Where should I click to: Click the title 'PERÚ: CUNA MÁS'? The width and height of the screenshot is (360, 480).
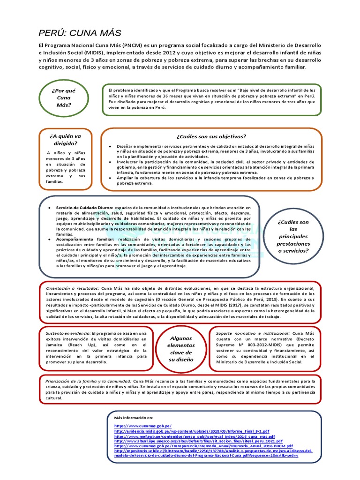(80, 33)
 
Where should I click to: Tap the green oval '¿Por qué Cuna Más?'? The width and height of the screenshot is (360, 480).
(64, 98)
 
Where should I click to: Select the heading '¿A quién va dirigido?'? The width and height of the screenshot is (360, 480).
(65, 140)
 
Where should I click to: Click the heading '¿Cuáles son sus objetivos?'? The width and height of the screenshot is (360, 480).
(211, 136)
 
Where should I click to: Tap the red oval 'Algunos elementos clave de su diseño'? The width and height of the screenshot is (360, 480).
(181, 349)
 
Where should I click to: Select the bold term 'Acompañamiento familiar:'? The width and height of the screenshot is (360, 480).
(84, 239)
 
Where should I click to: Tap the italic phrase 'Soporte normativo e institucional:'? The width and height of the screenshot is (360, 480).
(253, 333)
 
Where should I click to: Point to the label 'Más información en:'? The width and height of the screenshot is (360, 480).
(134, 417)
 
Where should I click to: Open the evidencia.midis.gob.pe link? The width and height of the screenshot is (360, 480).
(191, 430)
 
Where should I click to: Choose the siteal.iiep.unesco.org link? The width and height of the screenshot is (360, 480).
(198, 441)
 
